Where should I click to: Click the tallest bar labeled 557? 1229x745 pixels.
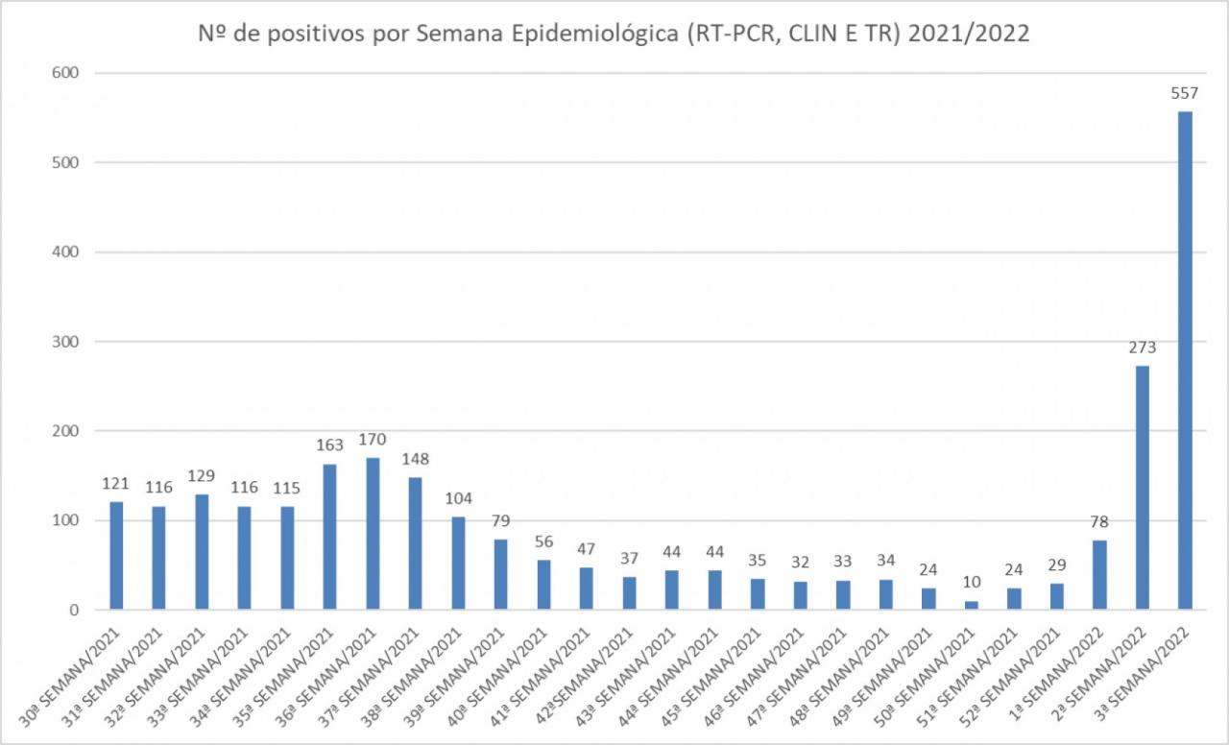(1185, 360)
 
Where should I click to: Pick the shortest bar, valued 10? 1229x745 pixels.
(971, 605)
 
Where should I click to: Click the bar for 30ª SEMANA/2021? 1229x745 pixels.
(116, 555)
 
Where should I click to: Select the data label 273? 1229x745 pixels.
(1143, 348)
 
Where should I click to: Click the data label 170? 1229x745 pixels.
(372, 440)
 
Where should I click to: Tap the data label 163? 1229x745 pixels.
(329, 445)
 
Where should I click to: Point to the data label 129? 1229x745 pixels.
(202, 476)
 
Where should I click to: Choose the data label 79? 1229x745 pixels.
(500, 521)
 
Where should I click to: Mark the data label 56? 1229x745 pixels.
(543, 541)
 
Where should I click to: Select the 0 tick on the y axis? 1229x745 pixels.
(72, 610)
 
